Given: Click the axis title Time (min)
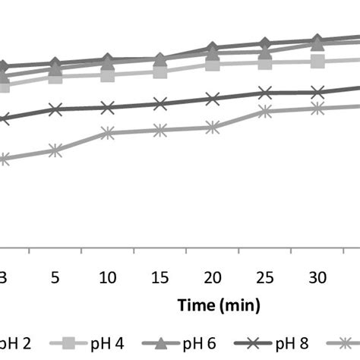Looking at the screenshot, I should point(219,305).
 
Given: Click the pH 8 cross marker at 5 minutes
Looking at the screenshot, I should point(55,109).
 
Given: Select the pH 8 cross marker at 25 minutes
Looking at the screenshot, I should point(265,93).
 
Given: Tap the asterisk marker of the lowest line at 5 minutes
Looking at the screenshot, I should point(55,151).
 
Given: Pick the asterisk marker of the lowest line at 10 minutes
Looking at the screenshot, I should point(107,134).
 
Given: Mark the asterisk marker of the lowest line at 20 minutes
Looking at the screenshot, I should point(213,128).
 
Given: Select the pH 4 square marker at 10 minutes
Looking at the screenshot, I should point(107,74).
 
